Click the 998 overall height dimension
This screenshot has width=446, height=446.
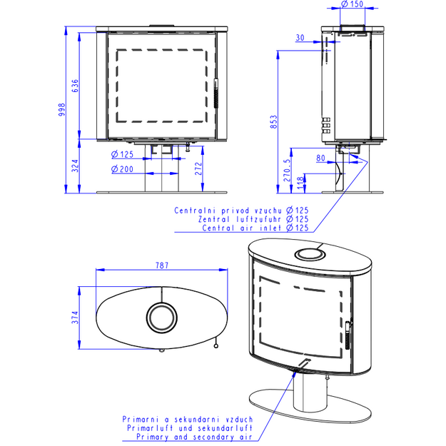pos(61,109)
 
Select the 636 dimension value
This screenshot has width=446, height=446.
pos(75,86)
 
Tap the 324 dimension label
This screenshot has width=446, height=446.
pos(75,166)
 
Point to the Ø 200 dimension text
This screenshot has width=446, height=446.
pos(122,169)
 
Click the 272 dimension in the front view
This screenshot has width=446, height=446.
pos(198,168)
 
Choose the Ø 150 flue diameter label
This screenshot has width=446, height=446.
pos(352,4)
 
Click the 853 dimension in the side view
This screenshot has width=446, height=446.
pos(273,122)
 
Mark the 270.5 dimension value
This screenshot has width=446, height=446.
pos(288,170)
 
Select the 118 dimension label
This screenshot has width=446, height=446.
pos(300,183)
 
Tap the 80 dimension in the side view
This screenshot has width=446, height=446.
pos(320,158)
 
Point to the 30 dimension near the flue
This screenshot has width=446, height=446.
pos(300,38)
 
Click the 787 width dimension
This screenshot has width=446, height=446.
pos(162,265)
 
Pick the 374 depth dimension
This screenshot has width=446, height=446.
pos(75,318)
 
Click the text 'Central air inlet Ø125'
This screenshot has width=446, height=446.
pos(255,228)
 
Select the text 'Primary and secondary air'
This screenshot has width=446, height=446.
pos(194,437)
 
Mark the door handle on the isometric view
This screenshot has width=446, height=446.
pos(348,335)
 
